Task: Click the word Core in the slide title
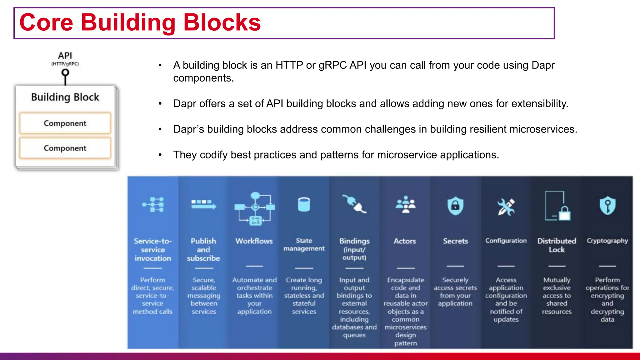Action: pyautogui.click(x=46, y=22)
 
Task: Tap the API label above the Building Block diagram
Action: pyautogui.click(x=65, y=56)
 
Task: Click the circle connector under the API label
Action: pyautogui.click(x=65, y=73)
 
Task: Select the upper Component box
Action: pyautogui.click(x=65, y=123)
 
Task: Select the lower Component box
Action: pyautogui.click(x=65, y=148)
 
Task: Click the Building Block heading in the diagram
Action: pyautogui.click(x=65, y=97)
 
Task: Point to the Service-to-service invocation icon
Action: pyautogui.click(x=153, y=205)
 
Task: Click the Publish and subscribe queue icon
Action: pyautogui.click(x=204, y=204)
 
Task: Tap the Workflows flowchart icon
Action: pyautogui.click(x=255, y=208)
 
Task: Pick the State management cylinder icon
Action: pyautogui.click(x=304, y=204)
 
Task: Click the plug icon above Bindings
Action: pyautogui.click(x=354, y=204)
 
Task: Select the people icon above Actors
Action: pyautogui.click(x=405, y=204)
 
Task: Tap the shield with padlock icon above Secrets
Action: pyautogui.click(x=455, y=206)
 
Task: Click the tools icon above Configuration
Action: pyautogui.click(x=506, y=207)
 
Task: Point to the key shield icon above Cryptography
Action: pyautogui.click(x=607, y=206)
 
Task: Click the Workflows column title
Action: pyautogui.click(x=254, y=241)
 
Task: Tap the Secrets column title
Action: pyautogui.click(x=455, y=241)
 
